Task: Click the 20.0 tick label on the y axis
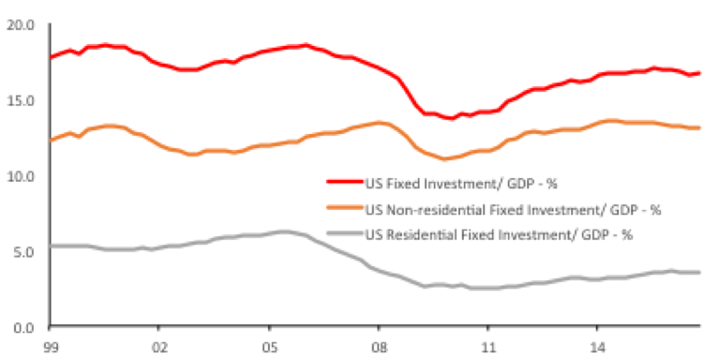21,25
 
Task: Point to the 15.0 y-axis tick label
21,100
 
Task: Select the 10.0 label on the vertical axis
21,176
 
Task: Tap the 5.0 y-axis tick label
23,252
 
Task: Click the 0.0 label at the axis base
23,328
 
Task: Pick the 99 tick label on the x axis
50,349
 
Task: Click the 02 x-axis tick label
159,349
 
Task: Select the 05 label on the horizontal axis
268,349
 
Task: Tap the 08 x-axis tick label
378,349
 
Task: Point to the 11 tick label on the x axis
487,349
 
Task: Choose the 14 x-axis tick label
597,349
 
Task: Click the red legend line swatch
345,181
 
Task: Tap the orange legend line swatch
345,207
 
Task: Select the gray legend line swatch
345,232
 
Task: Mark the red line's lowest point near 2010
451,118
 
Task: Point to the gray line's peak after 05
283,232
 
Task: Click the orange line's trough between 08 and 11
444,158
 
